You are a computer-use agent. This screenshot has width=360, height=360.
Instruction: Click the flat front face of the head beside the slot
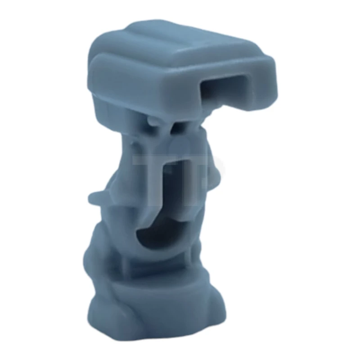pos(144,88)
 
